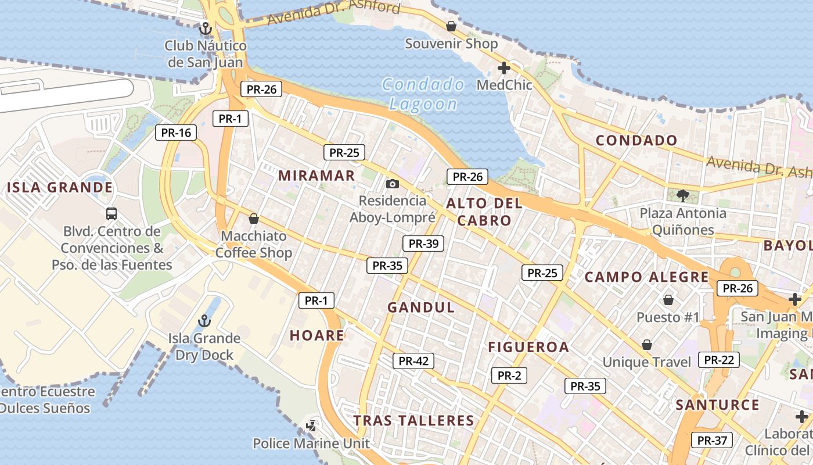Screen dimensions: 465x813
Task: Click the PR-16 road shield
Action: click(x=176, y=133)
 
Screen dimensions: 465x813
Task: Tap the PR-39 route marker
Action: click(x=423, y=244)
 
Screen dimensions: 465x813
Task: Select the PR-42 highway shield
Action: click(x=413, y=361)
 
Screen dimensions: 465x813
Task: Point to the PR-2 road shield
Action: click(x=509, y=375)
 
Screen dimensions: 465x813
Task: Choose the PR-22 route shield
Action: click(x=719, y=360)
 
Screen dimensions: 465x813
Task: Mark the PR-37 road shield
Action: click(x=712, y=441)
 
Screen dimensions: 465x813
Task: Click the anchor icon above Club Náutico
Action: click(x=204, y=28)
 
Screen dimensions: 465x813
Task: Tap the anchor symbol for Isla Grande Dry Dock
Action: click(x=204, y=320)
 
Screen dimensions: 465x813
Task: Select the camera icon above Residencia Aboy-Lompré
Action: click(x=393, y=184)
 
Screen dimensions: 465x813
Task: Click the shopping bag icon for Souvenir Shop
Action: click(x=451, y=26)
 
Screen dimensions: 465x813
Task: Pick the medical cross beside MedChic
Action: click(x=503, y=68)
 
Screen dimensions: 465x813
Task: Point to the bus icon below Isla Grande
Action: click(x=111, y=213)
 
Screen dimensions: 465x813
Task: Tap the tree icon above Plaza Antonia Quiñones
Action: click(x=683, y=195)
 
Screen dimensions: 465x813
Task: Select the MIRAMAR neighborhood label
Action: click(x=316, y=176)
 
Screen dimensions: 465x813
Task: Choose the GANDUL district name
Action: click(x=421, y=307)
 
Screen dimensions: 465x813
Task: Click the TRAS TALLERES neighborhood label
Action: click(x=414, y=421)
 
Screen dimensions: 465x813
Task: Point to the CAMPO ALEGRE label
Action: click(x=646, y=277)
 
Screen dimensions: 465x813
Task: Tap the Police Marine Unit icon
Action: click(x=311, y=426)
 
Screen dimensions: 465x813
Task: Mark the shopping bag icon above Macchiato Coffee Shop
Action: click(x=253, y=219)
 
